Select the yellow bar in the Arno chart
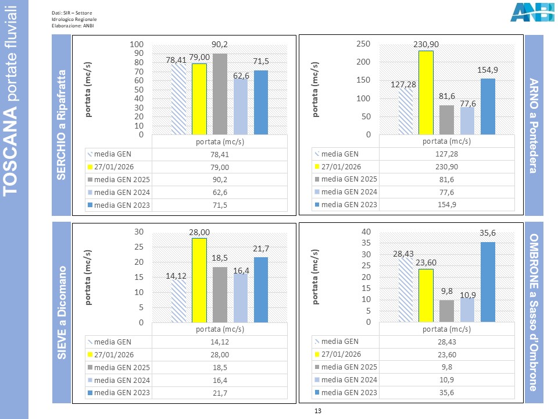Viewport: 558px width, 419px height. point(425,93)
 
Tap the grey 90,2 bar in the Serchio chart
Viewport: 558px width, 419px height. point(220,94)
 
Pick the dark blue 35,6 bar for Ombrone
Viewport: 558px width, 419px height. point(487,282)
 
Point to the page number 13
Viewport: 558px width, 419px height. point(317,411)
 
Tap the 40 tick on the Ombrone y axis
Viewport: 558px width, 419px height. point(366,232)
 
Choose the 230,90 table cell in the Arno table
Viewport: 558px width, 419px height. point(446,167)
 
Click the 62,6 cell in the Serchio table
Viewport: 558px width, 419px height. point(220,192)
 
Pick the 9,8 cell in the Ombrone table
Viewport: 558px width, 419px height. point(446,367)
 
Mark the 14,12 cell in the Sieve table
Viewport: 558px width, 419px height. point(220,342)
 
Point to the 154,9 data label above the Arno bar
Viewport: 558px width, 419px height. point(487,70)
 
